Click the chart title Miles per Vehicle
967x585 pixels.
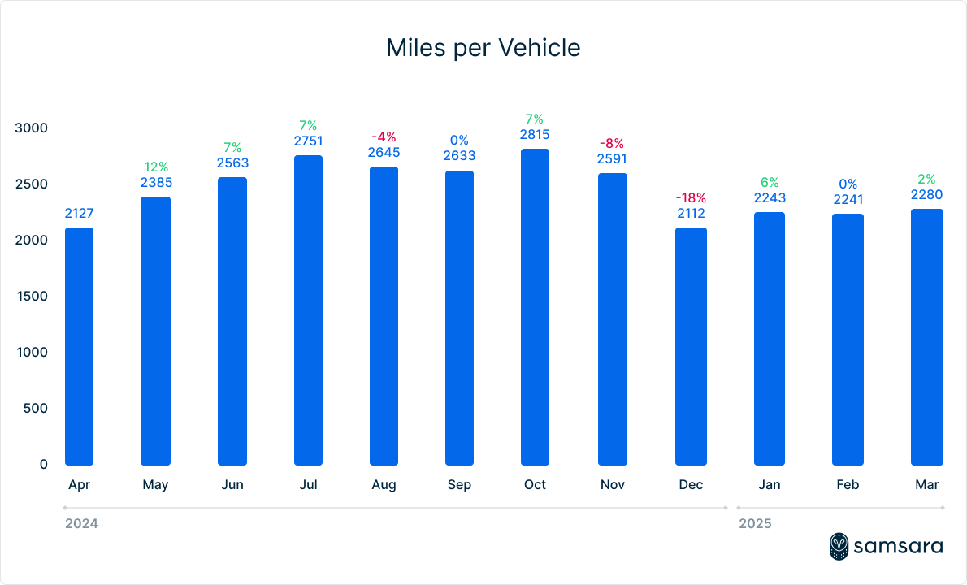point(483,48)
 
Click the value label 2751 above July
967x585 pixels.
point(308,141)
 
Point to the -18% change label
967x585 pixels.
point(692,197)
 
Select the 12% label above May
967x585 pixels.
point(155,167)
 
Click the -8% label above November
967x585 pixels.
point(612,143)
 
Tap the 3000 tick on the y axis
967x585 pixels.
point(32,128)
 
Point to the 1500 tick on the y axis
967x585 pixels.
point(32,297)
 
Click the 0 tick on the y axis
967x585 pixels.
point(43,465)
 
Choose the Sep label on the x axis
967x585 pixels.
point(458,485)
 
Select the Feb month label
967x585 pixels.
point(848,485)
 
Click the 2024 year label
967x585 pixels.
point(81,524)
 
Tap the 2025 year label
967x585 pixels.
point(755,524)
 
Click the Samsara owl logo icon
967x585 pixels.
point(839,546)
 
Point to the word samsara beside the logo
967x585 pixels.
point(898,547)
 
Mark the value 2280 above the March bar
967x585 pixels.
point(926,194)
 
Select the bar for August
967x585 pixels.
point(384,316)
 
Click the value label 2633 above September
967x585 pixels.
point(459,156)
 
